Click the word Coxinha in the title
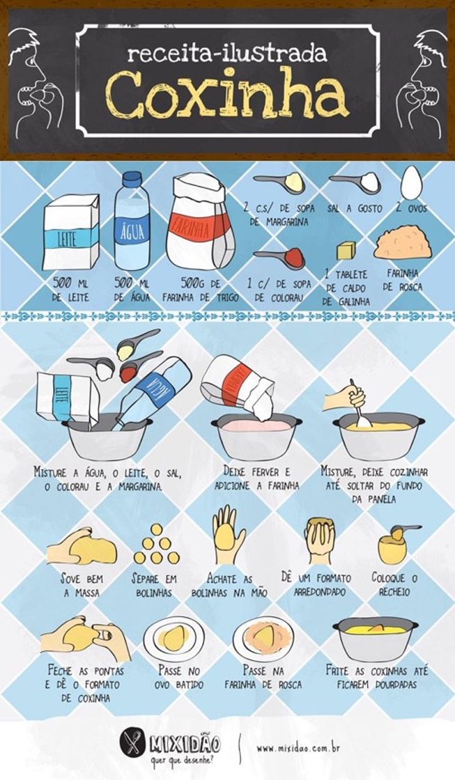coord(227,95)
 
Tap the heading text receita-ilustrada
coord(226,53)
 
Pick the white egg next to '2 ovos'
coord(411,182)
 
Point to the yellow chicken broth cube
coord(346,250)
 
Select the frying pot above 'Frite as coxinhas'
coord(375,637)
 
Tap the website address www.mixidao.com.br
coord(298,748)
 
